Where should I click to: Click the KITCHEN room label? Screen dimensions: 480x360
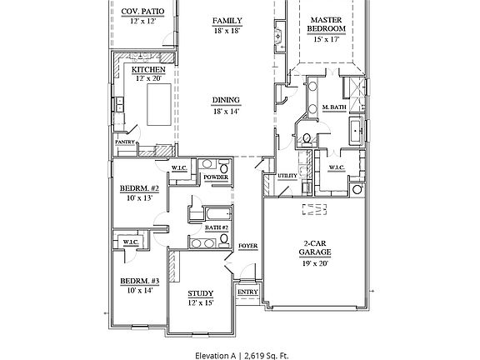pos(148,69)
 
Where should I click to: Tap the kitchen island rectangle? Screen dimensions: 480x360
pos(159,104)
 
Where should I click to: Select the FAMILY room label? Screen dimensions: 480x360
pos(227,21)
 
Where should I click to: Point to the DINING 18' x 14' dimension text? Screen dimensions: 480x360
pos(226,112)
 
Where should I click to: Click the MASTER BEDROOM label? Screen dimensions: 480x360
pos(327,24)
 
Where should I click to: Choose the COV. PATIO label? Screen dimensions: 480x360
pos(142,12)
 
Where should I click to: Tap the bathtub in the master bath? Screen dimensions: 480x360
pos(357,131)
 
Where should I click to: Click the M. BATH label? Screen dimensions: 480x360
pos(334,107)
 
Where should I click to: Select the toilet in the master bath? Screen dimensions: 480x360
pos(306,138)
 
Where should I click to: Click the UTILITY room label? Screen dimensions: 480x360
pos(287,176)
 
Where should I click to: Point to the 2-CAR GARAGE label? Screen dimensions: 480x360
pos(315,248)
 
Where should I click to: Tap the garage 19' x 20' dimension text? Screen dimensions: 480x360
pos(315,263)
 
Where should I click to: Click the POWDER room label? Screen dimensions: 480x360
pos(216,177)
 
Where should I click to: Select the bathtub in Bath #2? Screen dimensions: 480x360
pos(219,213)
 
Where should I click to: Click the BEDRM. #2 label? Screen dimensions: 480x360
pos(139,188)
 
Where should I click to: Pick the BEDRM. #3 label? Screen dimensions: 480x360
pos(140,281)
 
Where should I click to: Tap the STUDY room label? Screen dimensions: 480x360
pos(201,293)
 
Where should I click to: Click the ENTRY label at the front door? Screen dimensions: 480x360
pos(247,292)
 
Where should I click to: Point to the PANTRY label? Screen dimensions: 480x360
pos(125,142)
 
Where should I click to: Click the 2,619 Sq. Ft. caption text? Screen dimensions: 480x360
pos(266,356)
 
